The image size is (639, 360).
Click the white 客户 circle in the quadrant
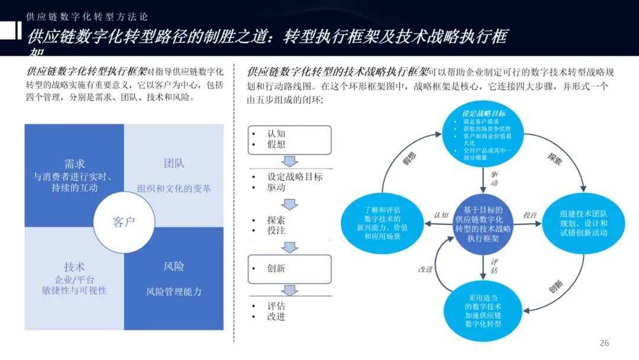124,222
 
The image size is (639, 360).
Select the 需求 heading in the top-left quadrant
75,164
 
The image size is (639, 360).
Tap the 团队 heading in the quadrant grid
174,163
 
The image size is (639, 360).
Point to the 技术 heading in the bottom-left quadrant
75,267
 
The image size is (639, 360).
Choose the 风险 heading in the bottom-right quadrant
174,266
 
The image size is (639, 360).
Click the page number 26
604,343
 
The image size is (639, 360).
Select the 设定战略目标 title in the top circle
483,114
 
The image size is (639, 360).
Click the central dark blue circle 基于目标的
483,224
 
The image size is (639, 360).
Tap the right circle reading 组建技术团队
583,223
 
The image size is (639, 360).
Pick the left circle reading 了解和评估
382,223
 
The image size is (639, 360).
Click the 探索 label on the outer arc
554,159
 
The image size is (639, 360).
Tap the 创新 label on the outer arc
556,288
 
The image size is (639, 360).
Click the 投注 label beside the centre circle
530,215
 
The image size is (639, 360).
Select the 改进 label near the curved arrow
425,269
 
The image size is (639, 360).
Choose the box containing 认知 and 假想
289,139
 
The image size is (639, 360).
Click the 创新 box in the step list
289,268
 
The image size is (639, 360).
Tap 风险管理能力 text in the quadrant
174,291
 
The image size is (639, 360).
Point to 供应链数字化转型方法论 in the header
88,17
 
